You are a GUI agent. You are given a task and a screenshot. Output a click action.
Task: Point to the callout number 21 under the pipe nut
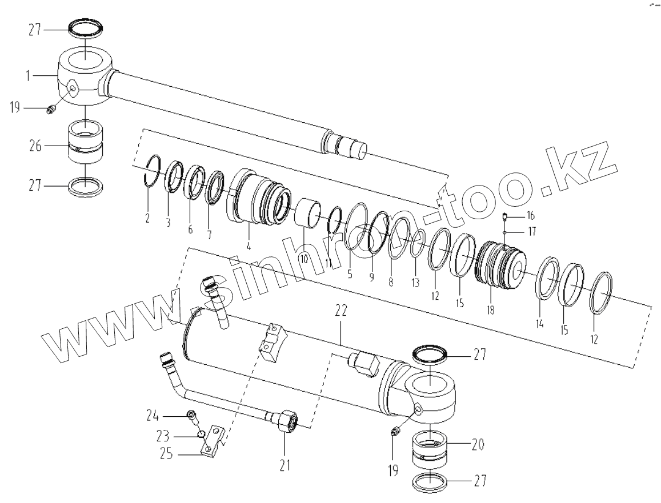(x=285, y=465)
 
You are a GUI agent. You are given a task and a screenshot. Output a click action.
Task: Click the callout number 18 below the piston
(x=491, y=310)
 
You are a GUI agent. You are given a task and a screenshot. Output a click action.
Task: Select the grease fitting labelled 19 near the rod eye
(x=51, y=108)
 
